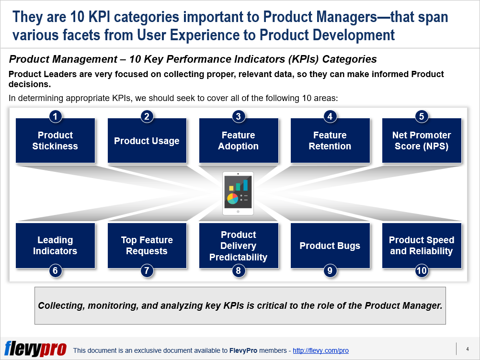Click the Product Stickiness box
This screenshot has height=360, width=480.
click(55, 141)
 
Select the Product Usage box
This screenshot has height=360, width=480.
click(147, 141)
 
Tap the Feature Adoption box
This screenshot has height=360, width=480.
click(238, 141)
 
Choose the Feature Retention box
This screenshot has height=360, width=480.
click(330, 141)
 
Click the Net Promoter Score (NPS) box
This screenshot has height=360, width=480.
click(422, 141)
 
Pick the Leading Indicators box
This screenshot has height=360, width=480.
click(55, 246)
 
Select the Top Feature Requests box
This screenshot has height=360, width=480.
click(147, 246)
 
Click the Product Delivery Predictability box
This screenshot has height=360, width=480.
click(238, 246)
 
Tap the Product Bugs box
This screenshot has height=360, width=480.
click(330, 246)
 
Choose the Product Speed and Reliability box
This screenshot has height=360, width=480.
click(422, 246)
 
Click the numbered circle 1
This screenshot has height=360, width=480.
click(55, 116)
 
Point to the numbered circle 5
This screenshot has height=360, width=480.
click(422, 116)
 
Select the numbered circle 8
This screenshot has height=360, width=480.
click(238, 270)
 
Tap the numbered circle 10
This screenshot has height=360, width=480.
click(422, 270)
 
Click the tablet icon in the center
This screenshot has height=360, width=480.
click(238, 193)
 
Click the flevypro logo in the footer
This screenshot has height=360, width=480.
click(35, 349)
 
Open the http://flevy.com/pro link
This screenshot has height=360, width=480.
click(320, 351)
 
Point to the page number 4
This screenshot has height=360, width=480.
click(467, 349)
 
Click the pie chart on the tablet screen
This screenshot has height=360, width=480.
click(232, 198)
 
